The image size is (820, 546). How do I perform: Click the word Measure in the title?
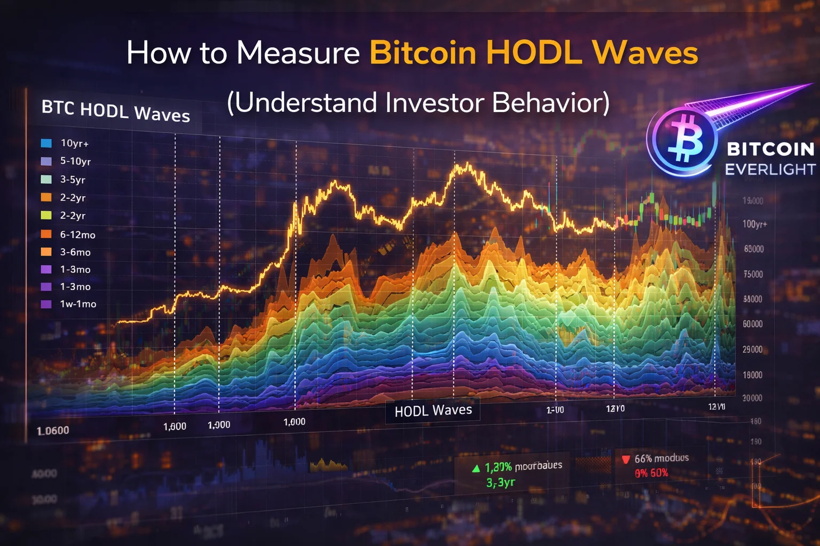click(x=298, y=53)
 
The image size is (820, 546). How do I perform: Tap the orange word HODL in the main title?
click(x=533, y=53)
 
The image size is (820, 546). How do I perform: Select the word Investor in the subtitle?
click(x=433, y=102)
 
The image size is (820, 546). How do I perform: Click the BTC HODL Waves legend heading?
click(x=116, y=111)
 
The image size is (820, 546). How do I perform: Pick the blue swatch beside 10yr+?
click(x=46, y=143)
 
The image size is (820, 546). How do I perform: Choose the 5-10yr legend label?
click(x=75, y=161)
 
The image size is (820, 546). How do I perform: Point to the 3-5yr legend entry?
click(x=73, y=180)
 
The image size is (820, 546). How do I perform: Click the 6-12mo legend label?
click(x=77, y=235)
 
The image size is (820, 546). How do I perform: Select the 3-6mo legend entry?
click(x=75, y=252)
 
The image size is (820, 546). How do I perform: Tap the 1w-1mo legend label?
click(x=78, y=304)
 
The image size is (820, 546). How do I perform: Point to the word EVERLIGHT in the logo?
click(x=770, y=170)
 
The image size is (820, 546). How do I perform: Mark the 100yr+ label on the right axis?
click(x=754, y=224)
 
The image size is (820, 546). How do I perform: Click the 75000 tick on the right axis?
click(x=753, y=274)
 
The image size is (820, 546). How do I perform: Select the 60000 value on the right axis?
click(x=753, y=324)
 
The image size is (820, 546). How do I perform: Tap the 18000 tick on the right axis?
click(x=752, y=375)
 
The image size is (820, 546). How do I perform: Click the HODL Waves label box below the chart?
click(x=433, y=410)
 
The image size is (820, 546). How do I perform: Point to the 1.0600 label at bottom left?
click(x=53, y=430)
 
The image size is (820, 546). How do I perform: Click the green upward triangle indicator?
click(x=476, y=469)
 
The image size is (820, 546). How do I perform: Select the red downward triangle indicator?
click(x=626, y=459)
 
